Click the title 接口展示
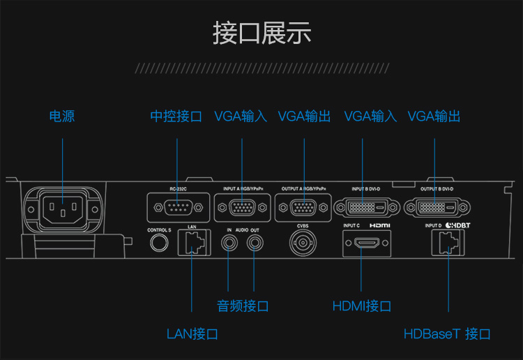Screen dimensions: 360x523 [x=261, y=33]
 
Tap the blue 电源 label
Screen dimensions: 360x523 [x=62, y=117]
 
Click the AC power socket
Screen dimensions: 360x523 [x=63, y=207]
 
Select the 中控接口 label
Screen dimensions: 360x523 [x=176, y=117]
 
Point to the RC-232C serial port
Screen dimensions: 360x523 [x=177, y=207]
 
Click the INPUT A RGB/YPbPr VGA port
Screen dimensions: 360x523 [x=241, y=207]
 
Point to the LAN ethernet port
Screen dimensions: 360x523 [x=192, y=242]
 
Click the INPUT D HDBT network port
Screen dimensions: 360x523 [x=446, y=243]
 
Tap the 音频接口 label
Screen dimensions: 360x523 [x=243, y=306]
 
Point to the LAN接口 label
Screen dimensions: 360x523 [x=192, y=333]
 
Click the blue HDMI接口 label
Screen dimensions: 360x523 [x=361, y=306]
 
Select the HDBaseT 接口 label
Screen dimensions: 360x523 [x=447, y=333]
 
